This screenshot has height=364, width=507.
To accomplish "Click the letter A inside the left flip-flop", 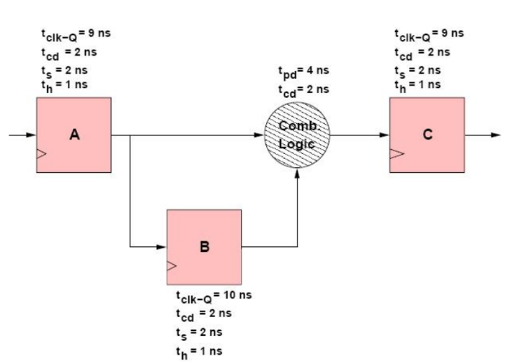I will (x=74, y=136).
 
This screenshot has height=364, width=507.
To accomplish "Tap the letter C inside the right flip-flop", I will (x=426, y=135).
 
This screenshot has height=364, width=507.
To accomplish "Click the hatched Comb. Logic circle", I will (x=297, y=135).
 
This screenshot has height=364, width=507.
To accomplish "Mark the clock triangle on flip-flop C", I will (x=394, y=154).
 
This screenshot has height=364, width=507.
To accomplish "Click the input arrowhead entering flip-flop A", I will (x=32, y=136).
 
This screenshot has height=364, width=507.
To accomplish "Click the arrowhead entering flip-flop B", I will (x=162, y=247).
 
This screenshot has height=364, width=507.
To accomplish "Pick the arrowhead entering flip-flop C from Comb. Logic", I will (x=384, y=135).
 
